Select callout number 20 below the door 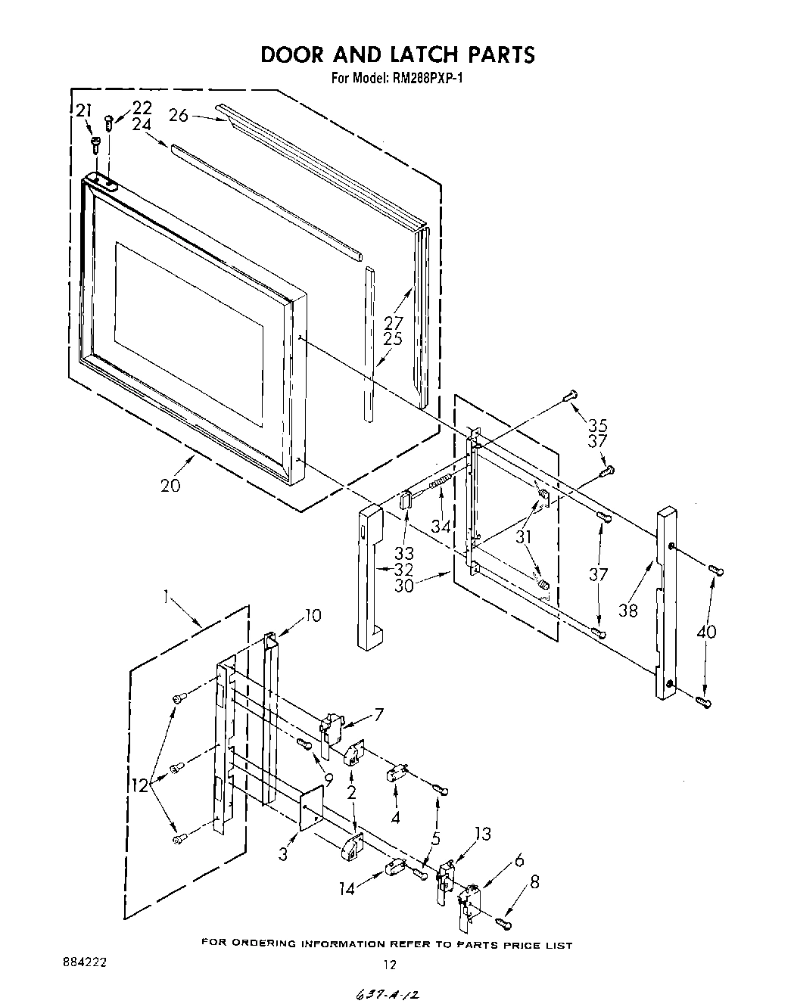pos(170,485)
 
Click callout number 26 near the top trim pos(178,115)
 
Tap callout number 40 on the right pos(707,632)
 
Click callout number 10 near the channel pos(312,615)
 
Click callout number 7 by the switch pos(378,714)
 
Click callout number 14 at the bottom pos(346,889)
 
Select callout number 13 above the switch pos(481,834)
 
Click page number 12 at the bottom pos(389,965)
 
